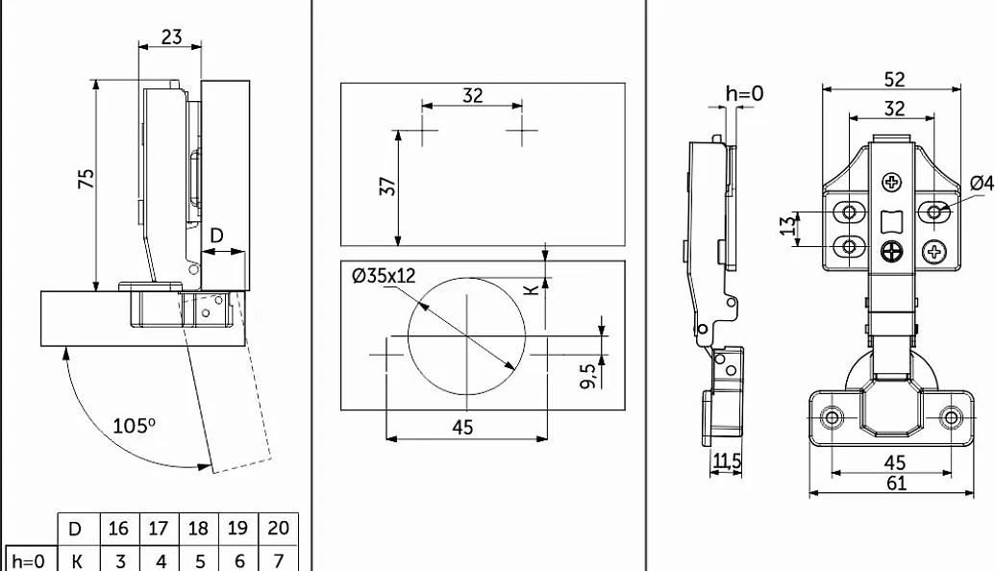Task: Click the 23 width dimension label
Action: [171, 37]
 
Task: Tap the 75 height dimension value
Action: [86, 178]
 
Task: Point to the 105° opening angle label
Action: [134, 425]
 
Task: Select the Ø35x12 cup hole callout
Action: [384, 275]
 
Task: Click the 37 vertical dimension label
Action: [387, 186]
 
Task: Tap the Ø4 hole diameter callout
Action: [983, 183]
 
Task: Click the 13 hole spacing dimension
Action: [787, 225]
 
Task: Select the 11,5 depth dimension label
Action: [726, 460]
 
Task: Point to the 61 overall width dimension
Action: [896, 484]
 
